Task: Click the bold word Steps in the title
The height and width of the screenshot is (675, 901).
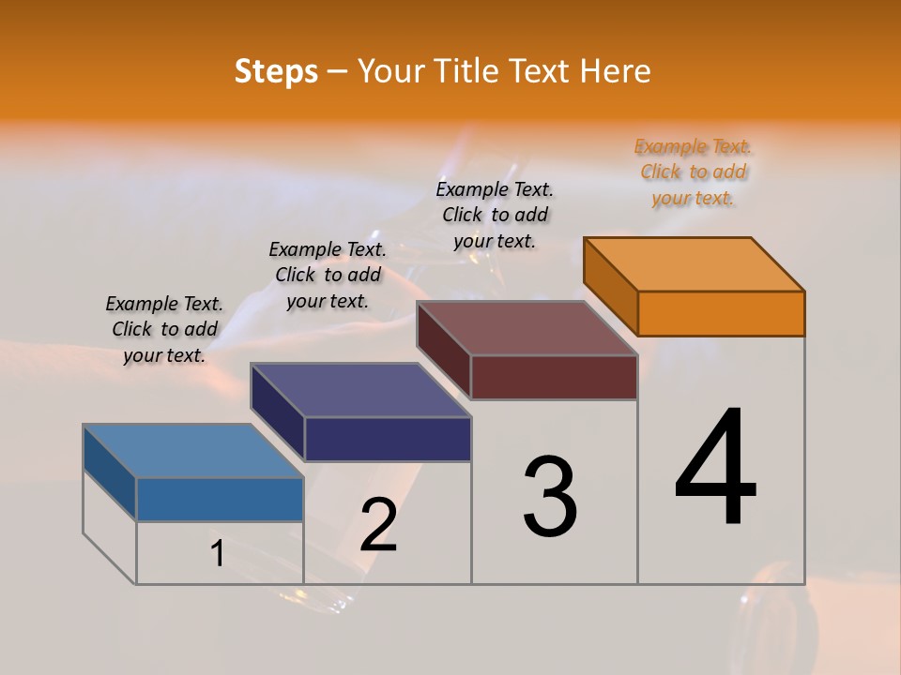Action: (276, 71)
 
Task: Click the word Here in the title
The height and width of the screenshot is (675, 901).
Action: (616, 71)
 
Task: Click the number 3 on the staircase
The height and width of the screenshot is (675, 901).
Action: (550, 496)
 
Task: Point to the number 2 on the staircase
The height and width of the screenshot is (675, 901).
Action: (378, 524)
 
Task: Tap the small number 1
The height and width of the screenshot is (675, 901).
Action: (218, 554)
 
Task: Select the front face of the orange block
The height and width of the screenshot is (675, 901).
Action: (721, 313)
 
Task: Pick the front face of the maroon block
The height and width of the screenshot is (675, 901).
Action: (554, 377)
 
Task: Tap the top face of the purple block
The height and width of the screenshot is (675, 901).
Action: (360, 390)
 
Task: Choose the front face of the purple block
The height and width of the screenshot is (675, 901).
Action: (388, 439)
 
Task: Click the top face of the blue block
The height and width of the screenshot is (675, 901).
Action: (193, 451)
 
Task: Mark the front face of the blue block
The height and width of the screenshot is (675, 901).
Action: (220, 499)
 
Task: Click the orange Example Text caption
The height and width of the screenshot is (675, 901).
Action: (693, 172)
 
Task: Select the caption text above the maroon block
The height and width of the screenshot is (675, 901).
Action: (495, 215)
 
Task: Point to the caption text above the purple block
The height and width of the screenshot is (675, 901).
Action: (328, 275)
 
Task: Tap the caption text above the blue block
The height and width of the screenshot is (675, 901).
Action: (164, 329)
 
